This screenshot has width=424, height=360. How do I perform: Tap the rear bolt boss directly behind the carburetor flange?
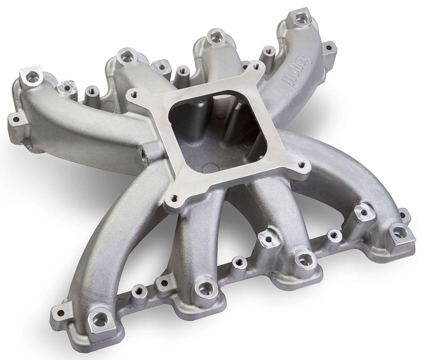pos(213,35)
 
